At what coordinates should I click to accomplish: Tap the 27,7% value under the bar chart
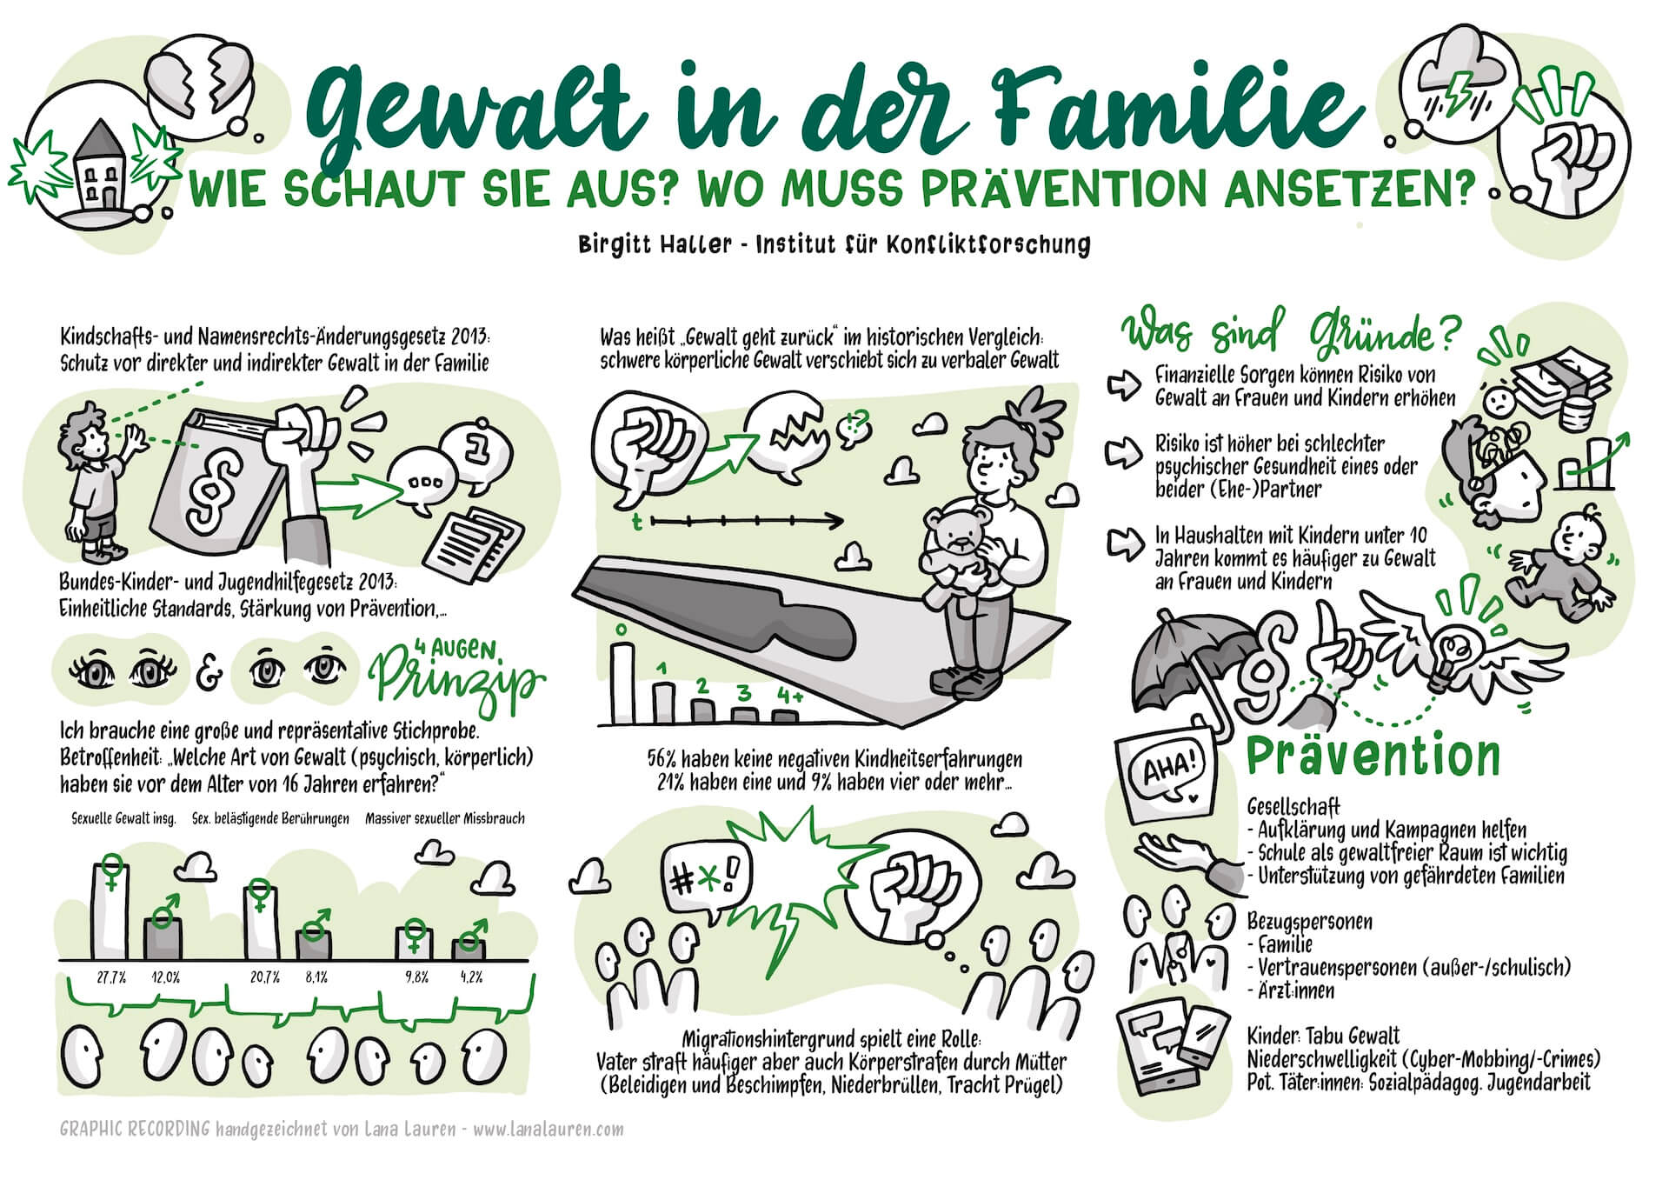pos(111,977)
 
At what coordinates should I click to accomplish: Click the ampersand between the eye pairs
pos(209,672)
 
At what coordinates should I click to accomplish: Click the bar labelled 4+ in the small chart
pos(786,716)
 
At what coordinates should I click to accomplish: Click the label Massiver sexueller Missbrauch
pos(445,818)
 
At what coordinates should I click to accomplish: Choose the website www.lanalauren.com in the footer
pos(549,1130)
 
